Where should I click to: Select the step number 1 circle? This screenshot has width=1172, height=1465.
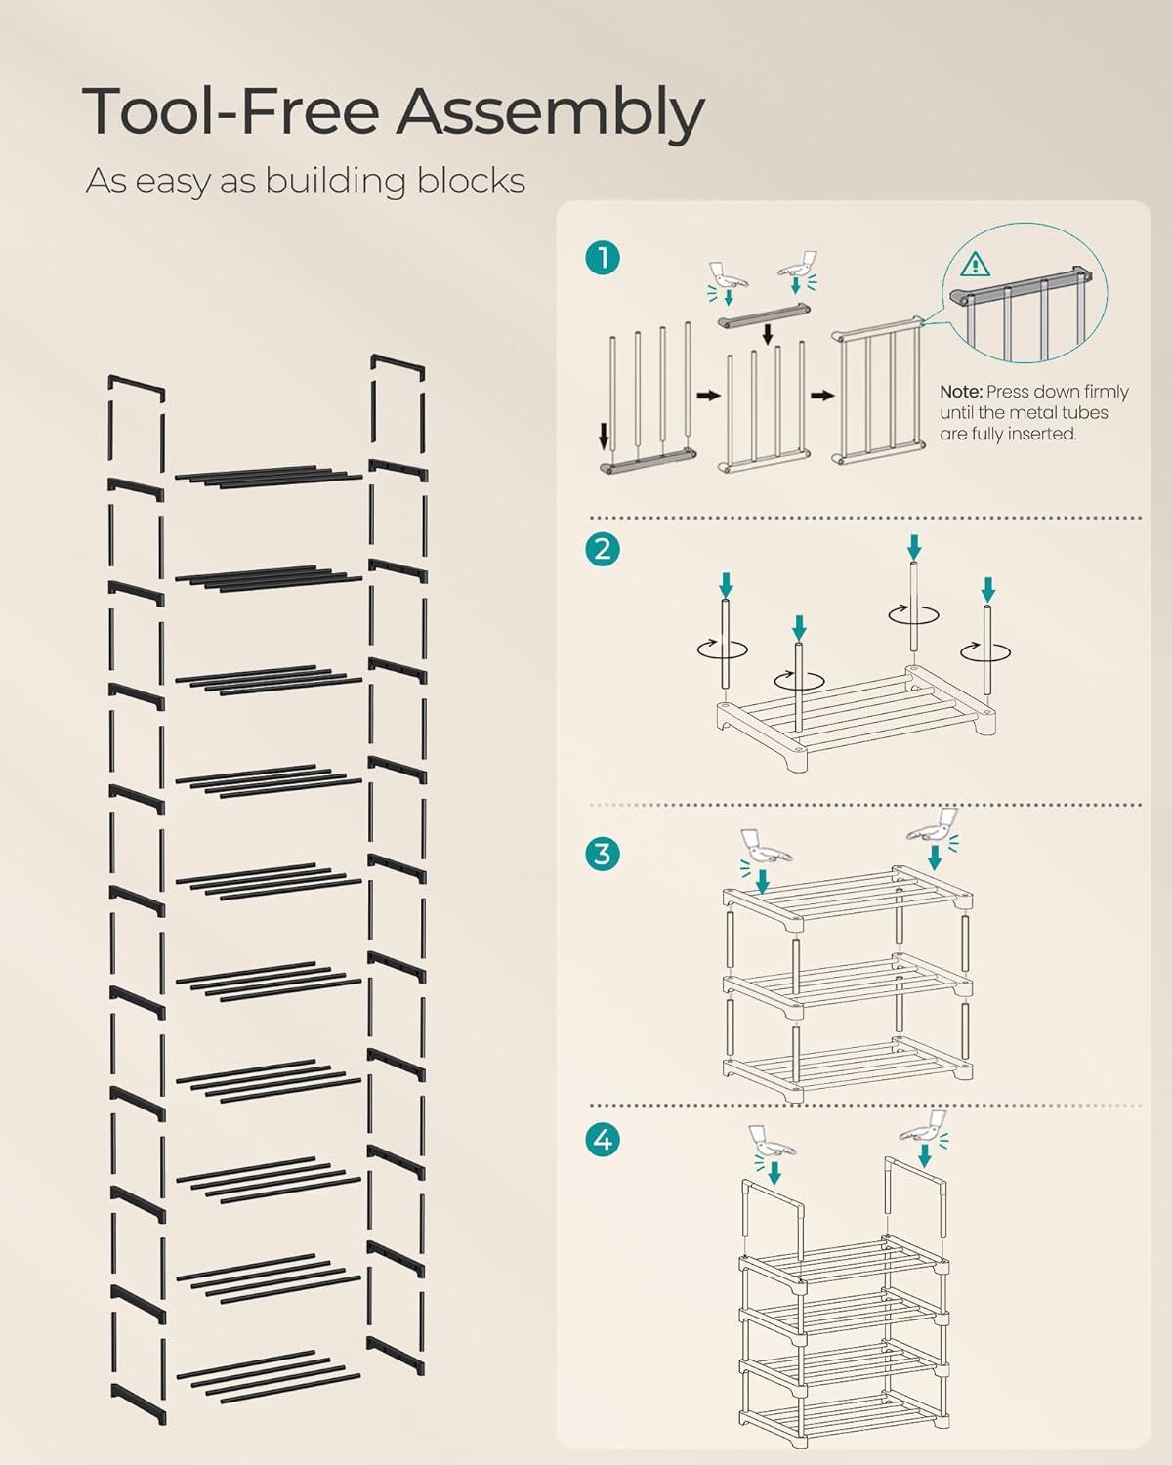point(603,259)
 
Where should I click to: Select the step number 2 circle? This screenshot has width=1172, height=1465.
point(603,549)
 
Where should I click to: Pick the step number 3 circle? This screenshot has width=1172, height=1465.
point(603,853)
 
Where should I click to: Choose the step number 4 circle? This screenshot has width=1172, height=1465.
point(603,1139)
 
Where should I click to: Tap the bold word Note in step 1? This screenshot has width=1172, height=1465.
point(960,392)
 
